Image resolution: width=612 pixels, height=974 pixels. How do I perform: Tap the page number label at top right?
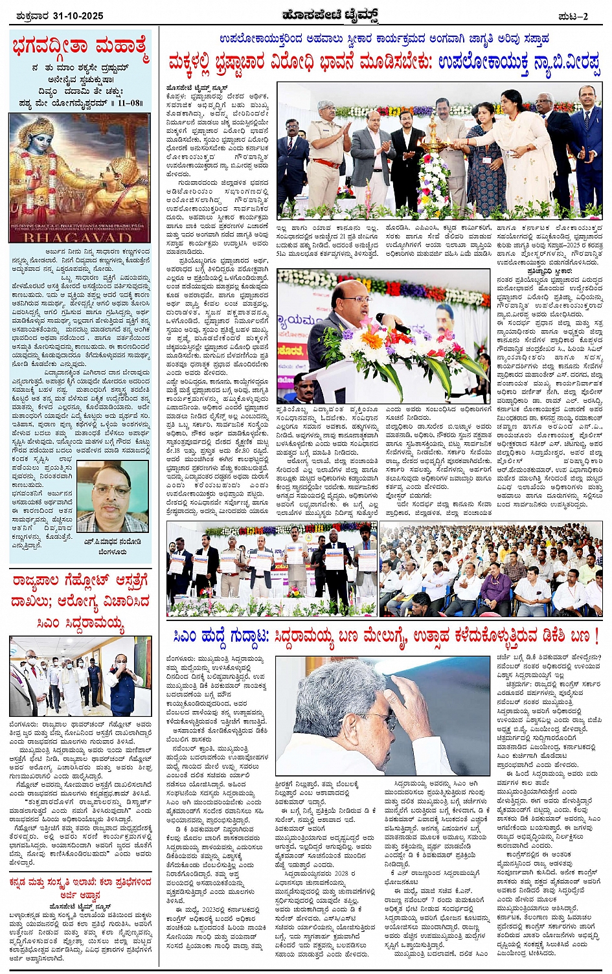click(574, 16)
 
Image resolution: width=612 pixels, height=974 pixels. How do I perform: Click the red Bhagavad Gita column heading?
click(80, 47)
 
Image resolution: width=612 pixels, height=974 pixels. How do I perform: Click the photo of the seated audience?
click(491, 570)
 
